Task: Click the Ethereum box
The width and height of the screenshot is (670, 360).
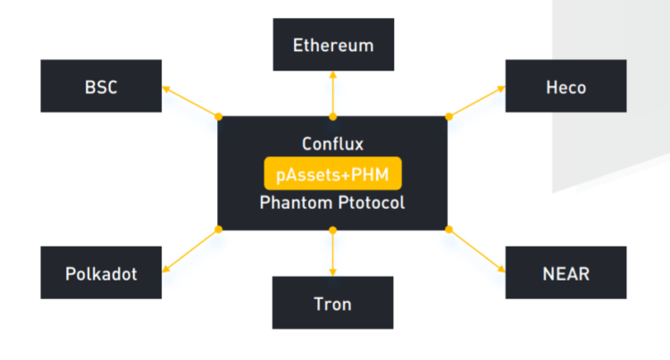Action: coord(333,44)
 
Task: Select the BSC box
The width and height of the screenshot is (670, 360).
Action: coord(101,87)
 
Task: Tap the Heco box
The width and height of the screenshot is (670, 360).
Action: coord(565,87)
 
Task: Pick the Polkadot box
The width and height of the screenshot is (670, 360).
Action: coord(101,273)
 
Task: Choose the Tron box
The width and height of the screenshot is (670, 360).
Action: coord(333,303)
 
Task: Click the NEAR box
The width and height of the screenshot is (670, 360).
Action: coord(565,273)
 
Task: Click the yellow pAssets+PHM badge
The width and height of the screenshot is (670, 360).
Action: coord(332,173)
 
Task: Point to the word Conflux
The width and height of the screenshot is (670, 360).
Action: coord(332,144)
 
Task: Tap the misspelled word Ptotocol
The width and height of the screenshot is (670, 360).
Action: coord(370,203)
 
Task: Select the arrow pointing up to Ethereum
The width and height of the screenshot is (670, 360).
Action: coord(333,94)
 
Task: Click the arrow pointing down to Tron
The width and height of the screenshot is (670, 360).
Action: coord(333,253)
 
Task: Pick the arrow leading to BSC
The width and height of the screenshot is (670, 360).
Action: coord(190,101)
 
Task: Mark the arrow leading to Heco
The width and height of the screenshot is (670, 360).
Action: coord(476,101)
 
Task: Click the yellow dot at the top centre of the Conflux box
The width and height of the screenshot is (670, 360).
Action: coord(333,116)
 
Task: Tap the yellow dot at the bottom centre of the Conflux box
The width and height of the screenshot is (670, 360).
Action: coord(333,230)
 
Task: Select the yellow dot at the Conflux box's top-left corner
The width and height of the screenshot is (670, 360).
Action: coord(219,116)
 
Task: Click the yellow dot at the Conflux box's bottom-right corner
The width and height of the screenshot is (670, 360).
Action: coord(448,230)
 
